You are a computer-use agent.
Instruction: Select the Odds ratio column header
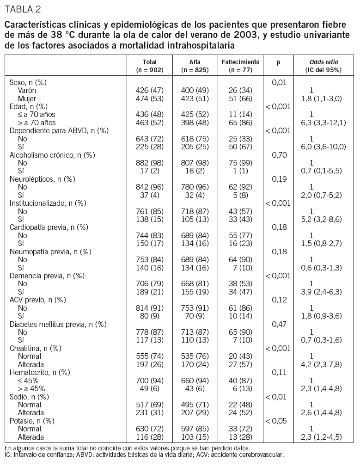[323, 62]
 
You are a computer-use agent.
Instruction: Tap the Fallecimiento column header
[240, 62]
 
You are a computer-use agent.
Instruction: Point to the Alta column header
[195, 62]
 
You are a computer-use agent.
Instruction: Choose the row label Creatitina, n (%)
[36, 348]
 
